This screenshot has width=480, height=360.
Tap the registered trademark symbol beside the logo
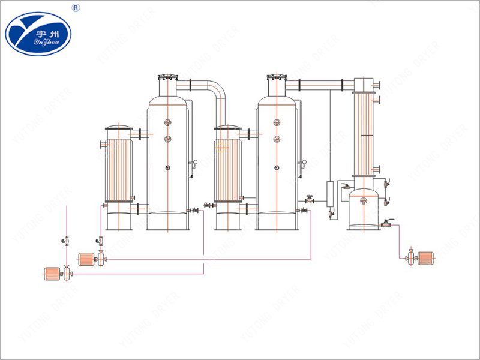tap(76, 8)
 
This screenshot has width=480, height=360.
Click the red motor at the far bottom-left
tap(51, 274)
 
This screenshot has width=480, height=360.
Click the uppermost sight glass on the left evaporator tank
tap(168, 122)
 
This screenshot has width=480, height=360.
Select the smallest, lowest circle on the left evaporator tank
tap(168, 168)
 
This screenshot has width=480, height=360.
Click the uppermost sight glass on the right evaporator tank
tap(277, 122)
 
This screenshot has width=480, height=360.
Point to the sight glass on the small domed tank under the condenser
tap(363, 201)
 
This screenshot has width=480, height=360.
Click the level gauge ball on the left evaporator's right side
tap(194, 163)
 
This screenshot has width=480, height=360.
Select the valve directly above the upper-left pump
tap(100, 241)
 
